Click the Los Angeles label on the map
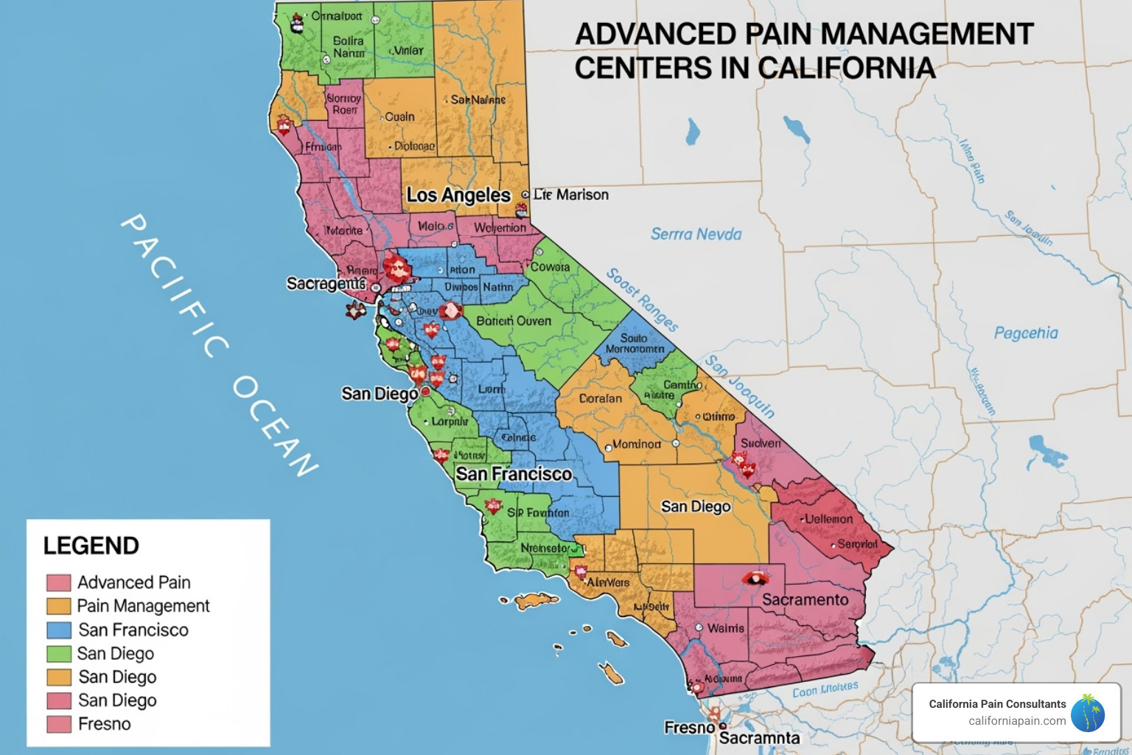click(x=458, y=195)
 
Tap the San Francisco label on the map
click(x=513, y=474)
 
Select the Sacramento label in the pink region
click(x=805, y=599)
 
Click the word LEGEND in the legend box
click(x=91, y=546)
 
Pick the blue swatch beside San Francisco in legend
click(x=58, y=630)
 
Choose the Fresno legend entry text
click(x=104, y=724)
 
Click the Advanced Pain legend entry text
click(x=133, y=582)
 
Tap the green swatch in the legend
click(x=58, y=653)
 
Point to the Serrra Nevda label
click(x=696, y=234)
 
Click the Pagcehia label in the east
click(x=1025, y=333)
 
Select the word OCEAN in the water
click(x=275, y=426)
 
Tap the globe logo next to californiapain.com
click(x=1088, y=713)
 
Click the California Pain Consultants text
click(x=996, y=704)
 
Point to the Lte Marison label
click(x=571, y=195)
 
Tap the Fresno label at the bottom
click(x=689, y=728)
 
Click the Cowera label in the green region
click(x=550, y=267)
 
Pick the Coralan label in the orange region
click(x=600, y=398)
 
